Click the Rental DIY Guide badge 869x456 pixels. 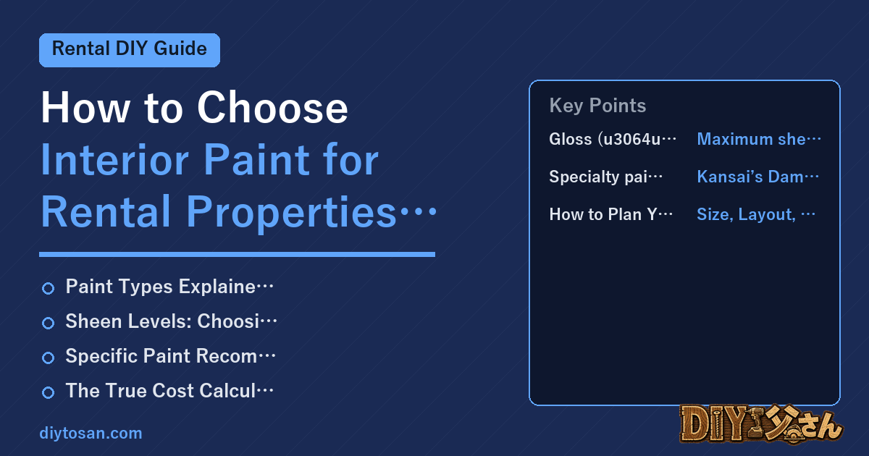point(130,50)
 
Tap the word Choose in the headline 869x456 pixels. point(272,108)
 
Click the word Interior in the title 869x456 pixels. point(115,159)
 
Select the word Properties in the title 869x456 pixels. point(291,211)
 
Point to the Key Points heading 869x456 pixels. point(597,106)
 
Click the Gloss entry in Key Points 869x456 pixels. point(613,139)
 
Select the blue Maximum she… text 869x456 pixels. point(759,139)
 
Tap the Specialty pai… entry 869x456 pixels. point(606,177)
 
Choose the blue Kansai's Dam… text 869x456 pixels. point(758,177)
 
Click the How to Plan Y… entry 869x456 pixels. point(611,214)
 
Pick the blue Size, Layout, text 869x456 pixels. point(756,214)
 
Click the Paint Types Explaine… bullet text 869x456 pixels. point(169,287)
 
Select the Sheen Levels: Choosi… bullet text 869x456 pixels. point(171,321)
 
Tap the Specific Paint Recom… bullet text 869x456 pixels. point(170,356)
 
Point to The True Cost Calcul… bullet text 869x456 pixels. point(169,390)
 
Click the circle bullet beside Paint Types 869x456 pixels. point(48,289)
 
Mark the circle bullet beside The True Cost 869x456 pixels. point(48,392)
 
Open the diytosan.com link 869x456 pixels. point(91,433)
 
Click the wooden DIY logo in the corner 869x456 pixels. point(761,424)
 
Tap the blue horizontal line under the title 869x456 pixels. point(237,254)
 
